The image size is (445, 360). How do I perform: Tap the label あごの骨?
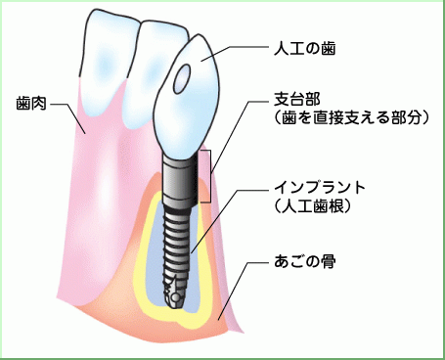[x=305, y=262]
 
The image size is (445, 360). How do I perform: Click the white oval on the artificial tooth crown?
[x=183, y=82]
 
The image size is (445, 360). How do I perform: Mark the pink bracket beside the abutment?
[x=205, y=176]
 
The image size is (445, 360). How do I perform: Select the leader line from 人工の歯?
[x=235, y=49]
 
